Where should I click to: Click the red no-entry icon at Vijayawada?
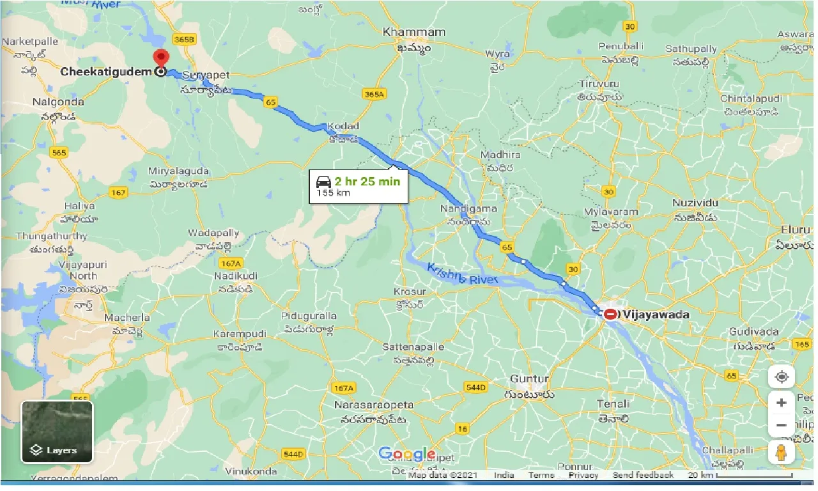coord(611,314)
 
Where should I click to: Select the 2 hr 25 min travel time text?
coord(367,181)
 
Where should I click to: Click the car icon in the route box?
coord(323,182)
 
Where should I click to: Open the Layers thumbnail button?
coord(57,431)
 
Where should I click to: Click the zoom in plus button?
coord(781,403)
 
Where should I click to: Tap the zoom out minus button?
coord(781,425)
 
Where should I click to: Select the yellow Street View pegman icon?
coord(781,452)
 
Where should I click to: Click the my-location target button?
coord(781,377)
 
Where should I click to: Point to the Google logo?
coord(407,455)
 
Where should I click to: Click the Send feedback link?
coord(643,475)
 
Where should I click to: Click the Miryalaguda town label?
coord(178,171)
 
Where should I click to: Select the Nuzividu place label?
coord(695,202)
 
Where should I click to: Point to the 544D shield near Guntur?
coord(475,387)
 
